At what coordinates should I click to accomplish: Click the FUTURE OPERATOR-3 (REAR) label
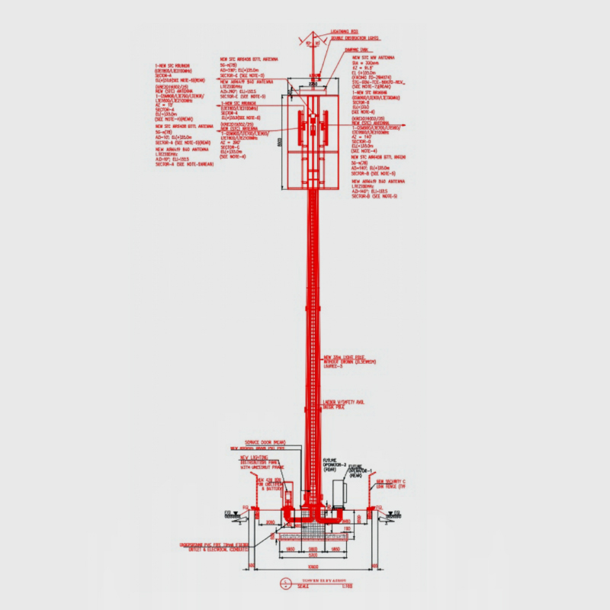point(335,464)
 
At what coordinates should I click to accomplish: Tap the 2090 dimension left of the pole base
point(275,521)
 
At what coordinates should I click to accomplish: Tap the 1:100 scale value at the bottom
point(347,585)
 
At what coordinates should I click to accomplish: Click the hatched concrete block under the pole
point(313,529)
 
